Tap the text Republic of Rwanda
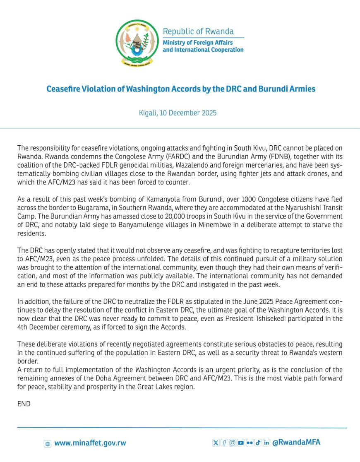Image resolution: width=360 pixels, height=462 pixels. click(198, 31)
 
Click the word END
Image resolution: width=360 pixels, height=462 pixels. click(24, 404)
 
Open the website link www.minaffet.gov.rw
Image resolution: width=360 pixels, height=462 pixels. click(90, 443)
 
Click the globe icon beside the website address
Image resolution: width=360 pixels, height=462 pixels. click(48, 443)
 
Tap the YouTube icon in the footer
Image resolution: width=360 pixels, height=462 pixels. click(241, 443)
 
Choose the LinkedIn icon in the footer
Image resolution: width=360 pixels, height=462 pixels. click(266, 443)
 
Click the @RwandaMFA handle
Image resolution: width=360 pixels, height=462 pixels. click(296, 442)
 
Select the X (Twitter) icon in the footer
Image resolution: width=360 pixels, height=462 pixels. click(216, 443)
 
